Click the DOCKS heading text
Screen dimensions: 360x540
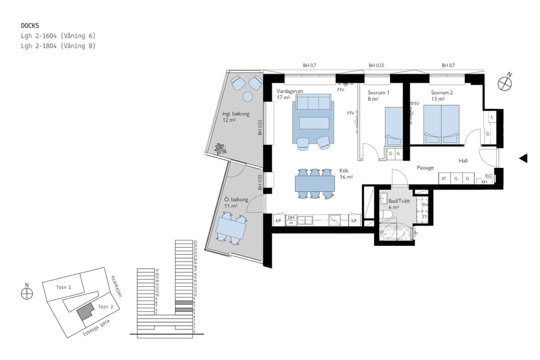30,26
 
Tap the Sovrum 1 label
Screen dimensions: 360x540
379,93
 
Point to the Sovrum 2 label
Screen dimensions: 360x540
442,93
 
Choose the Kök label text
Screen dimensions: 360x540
344,170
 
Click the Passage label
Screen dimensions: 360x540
425,168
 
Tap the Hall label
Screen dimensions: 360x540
463,161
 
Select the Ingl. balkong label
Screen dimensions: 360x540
235,113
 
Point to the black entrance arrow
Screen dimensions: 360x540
523,158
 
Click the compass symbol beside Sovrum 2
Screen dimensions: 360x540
506,83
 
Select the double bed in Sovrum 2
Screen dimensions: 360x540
442,124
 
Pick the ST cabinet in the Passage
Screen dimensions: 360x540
444,179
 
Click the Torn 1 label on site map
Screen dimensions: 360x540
64,287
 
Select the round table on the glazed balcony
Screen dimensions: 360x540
248,97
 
